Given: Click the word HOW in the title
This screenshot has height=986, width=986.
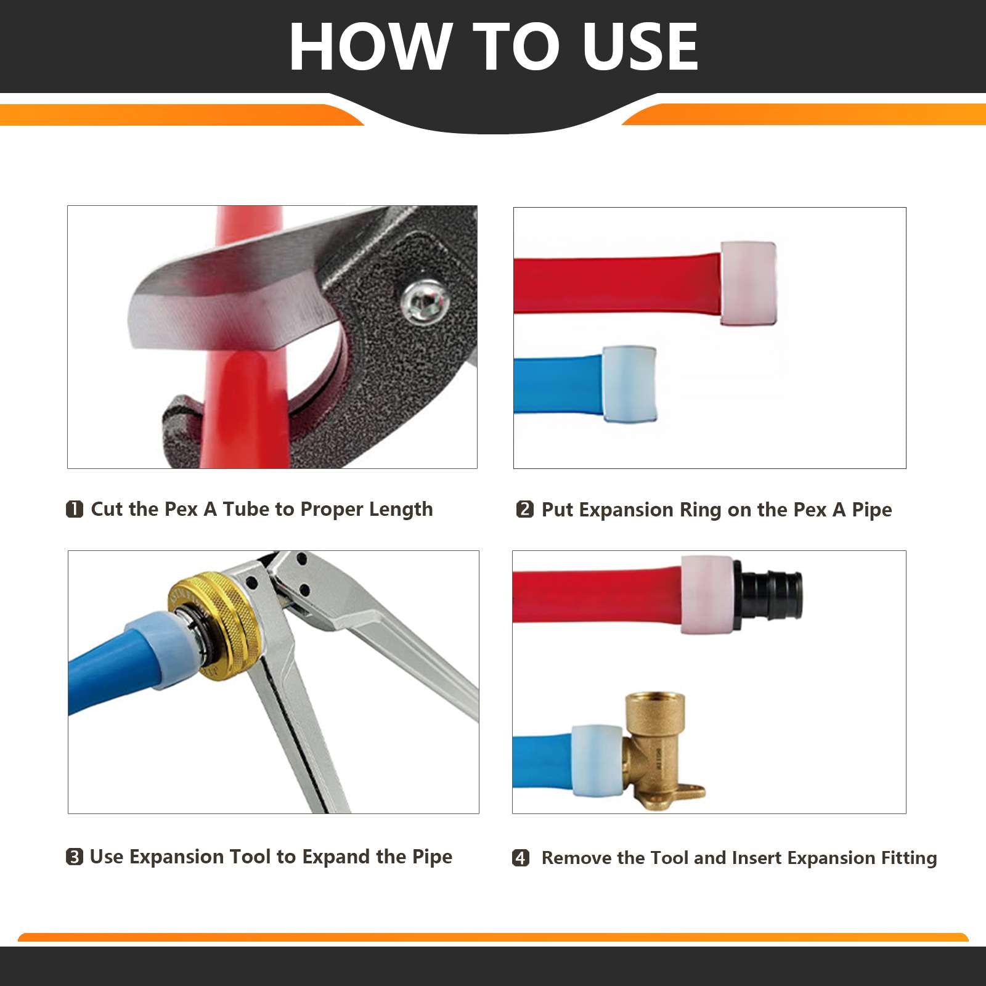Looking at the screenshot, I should (370, 47).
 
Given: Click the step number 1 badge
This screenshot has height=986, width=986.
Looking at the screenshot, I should (75, 509).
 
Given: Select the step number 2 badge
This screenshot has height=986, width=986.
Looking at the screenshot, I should (524, 509).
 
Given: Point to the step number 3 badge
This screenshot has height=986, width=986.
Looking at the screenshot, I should (74, 857).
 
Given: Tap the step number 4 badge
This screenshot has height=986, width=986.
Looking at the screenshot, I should (521, 858).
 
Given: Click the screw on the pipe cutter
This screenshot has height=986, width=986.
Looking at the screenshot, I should (425, 301).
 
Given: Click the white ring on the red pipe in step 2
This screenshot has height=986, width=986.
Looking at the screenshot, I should (748, 283).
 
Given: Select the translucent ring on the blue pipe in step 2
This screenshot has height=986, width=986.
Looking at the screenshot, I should (629, 383).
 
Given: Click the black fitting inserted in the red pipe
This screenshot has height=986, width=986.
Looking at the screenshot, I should (770, 595).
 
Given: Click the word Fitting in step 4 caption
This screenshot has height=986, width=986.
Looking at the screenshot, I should (908, 858).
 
